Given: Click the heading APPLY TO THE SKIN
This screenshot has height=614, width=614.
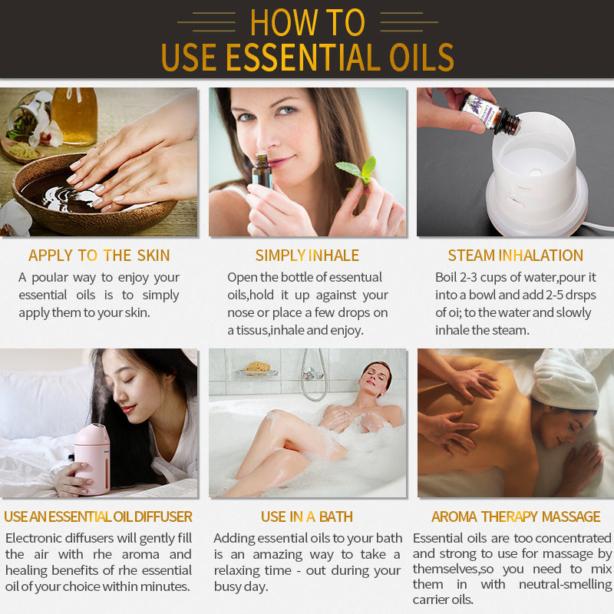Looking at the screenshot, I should [x=99, y=256].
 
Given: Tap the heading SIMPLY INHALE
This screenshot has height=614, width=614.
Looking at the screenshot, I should [x=307, y=256].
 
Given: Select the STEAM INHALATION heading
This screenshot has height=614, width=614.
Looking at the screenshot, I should [x=515, y=256].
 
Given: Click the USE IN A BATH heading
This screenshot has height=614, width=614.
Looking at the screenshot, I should [x=307, y=517].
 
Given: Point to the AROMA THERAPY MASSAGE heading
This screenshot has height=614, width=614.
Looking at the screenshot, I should [x=516, y=517].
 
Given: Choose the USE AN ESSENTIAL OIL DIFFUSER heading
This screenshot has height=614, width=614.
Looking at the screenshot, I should [x=98, y=517].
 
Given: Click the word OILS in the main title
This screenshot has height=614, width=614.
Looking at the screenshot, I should [x=410, y=58].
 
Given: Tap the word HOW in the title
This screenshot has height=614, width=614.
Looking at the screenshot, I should [x=280, y=22].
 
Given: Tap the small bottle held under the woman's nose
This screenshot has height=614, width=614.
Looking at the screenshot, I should [x=262, y=172].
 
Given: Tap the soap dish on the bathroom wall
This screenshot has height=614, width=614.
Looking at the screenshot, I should [x=258, y=369].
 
